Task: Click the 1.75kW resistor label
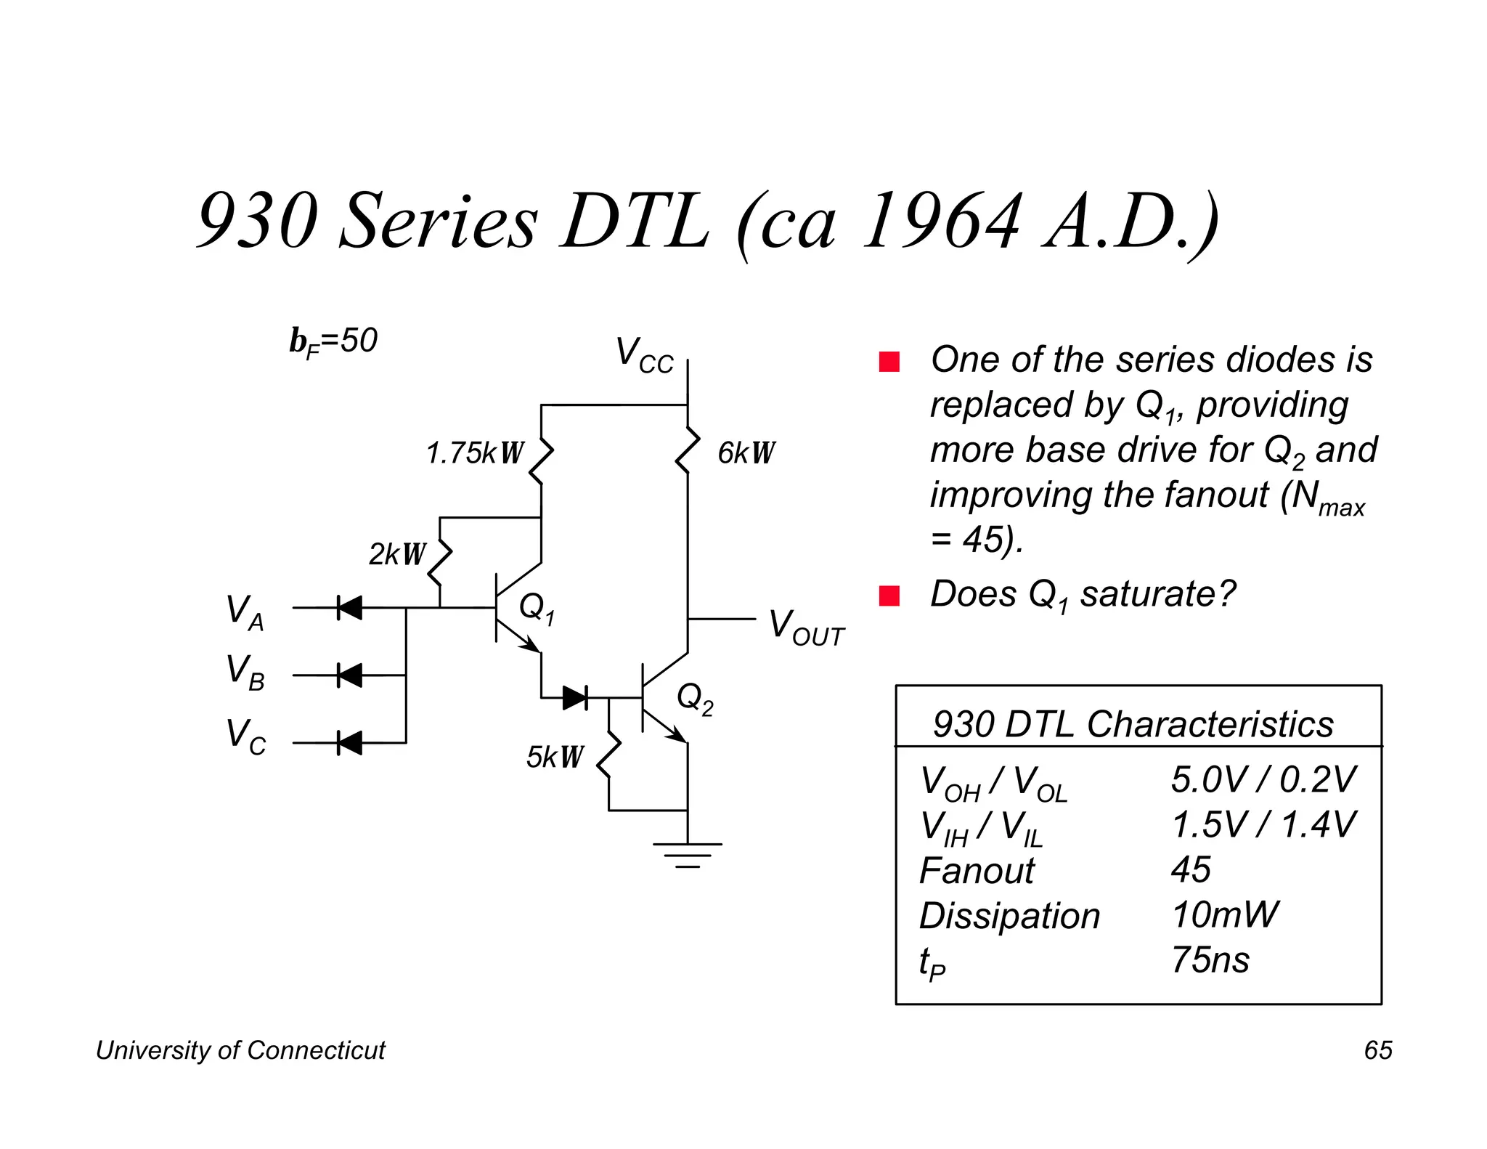click(474, 453)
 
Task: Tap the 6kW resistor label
click(746, 453)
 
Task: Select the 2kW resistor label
click(396, 554)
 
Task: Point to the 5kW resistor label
click(555, 758)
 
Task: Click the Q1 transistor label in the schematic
click(537, 607)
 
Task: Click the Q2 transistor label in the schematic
click(695, 699)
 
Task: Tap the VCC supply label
click(644, 356)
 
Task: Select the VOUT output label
click(806, 628)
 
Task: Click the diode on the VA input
click(349, 608)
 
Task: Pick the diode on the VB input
click(349, 675)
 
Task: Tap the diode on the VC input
click(349, 743)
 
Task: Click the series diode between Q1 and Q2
click(575, 698)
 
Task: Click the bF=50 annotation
click(333, 341)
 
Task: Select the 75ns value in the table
click(1210, 959)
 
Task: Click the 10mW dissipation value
click(1224, 914)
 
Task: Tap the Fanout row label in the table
click(977, 870)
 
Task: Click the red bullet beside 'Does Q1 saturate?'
click(889, 596)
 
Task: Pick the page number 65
click(1377, 1050)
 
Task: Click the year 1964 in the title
click(942, 221)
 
